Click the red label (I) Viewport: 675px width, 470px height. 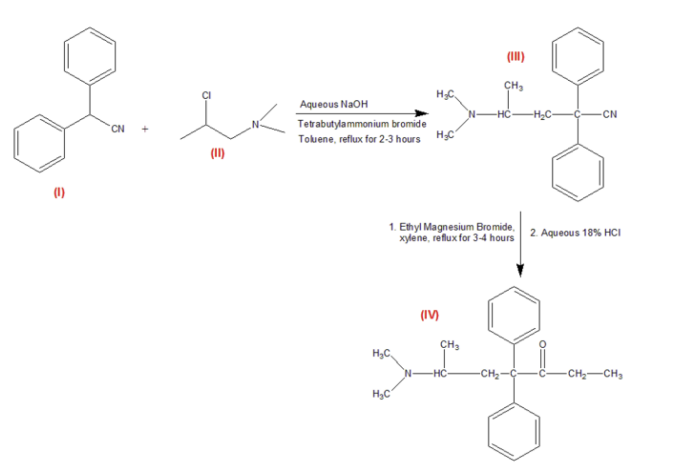[59, 192]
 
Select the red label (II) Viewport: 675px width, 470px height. [217, 153]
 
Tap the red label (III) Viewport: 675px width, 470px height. [516, 56]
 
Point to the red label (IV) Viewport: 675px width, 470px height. [430, 315]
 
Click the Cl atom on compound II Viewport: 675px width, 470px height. [207, 95]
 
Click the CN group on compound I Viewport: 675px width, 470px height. [118, 129]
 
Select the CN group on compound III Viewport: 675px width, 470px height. [610, 114]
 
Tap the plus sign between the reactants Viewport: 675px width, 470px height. [145, 129]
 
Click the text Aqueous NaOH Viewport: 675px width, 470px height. [333, 104]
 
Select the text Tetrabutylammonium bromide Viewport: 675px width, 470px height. [362, 124]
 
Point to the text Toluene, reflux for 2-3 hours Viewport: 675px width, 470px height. [359, 139]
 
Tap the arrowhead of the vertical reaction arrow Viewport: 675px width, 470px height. [521, 270]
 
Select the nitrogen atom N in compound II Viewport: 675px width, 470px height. [255, 124]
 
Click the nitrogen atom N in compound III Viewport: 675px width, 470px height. [471, 114]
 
